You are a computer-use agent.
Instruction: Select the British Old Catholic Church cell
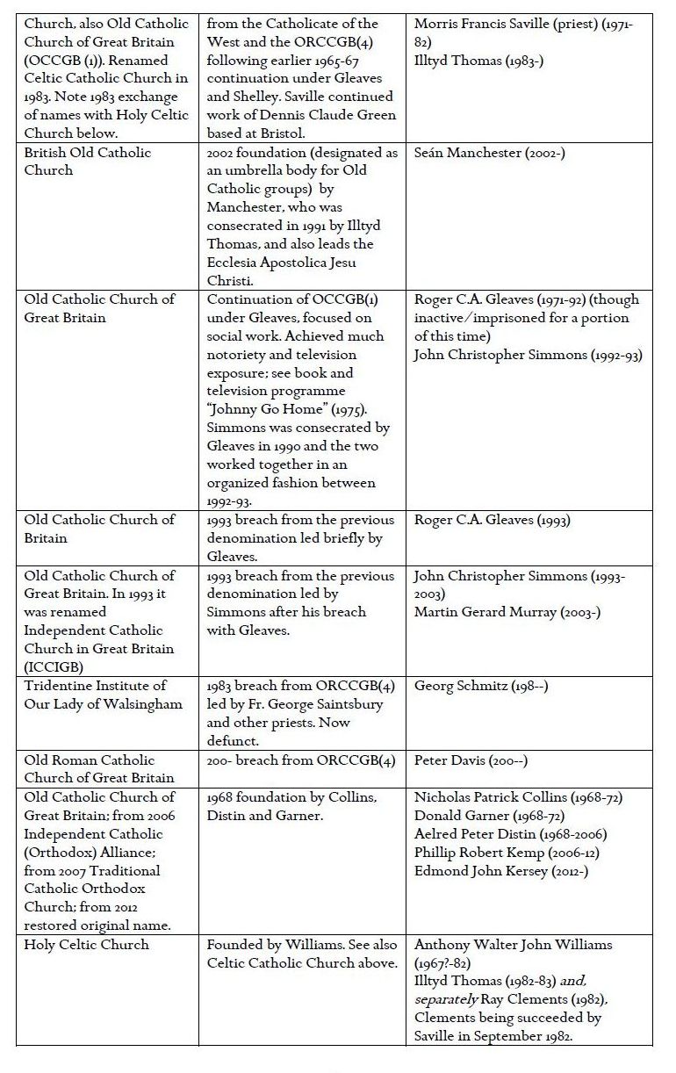tap(88, 162)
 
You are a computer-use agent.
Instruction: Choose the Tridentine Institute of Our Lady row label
tap(103, 695)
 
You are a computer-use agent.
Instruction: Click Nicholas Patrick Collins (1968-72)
tap(514, 797)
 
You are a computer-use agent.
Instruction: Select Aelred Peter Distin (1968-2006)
tap(510, 834)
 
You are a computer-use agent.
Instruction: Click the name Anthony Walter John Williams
tap(514, 945)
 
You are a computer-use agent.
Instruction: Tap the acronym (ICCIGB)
tap(55, 667)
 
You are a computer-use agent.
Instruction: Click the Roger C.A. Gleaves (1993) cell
tap(493, 520)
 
